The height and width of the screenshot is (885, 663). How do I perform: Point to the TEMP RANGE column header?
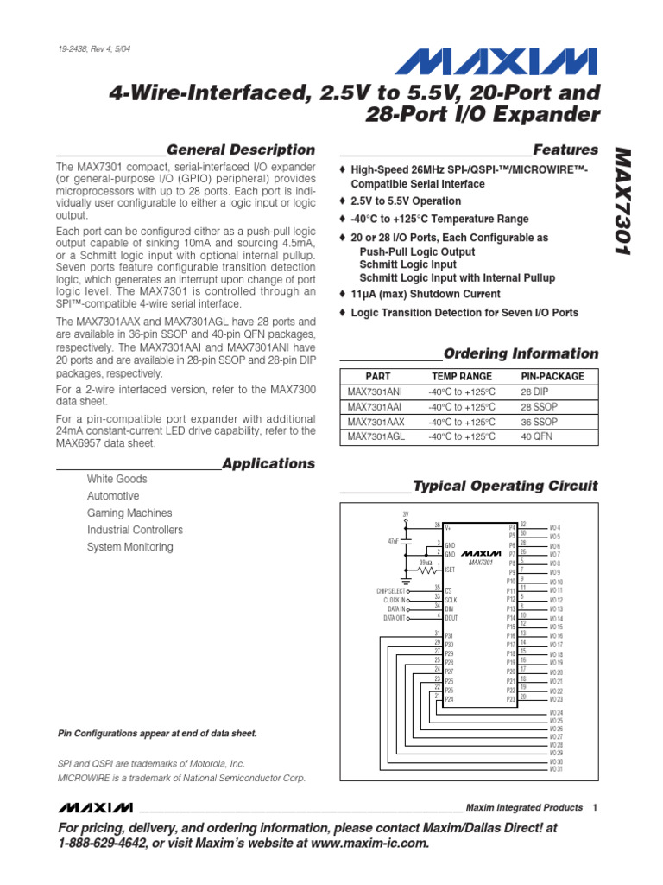(462, 377)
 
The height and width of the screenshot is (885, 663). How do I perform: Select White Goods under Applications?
(117, 479)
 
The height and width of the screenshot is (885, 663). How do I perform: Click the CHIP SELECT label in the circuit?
(389, 591)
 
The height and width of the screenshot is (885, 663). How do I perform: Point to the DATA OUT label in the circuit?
(393, 618)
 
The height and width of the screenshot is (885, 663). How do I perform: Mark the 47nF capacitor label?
(394, 541)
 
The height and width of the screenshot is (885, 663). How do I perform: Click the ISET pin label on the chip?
(450, 570)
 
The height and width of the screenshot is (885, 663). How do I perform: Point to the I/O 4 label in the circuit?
(555, 527)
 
